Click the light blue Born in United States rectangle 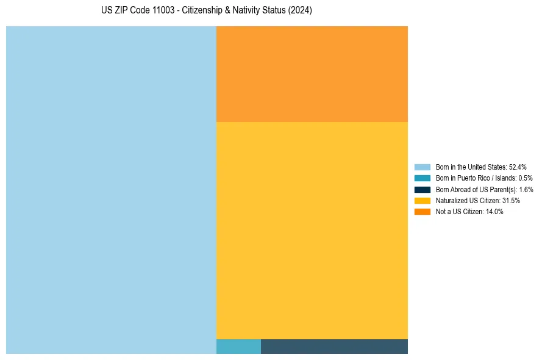click(x=111, y=190)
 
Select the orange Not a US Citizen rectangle click(x=312, y=74)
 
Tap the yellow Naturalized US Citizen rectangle click(x=312, y=230)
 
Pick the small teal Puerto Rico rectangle click(x=238, y=346)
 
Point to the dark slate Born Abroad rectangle click(x=334, y=346)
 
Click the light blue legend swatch click(x=422, y=167)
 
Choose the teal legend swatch click(x=422, y=178)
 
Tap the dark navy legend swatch click(x=422, y=189)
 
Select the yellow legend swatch click(x=422, y=201)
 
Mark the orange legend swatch click(x=422, y=212)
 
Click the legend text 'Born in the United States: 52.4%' click(x=480, y=167)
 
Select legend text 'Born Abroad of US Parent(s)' click(x=476, y=189)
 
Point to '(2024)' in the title click(x=301, y=11)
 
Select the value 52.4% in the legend click(x=517, y=167)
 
